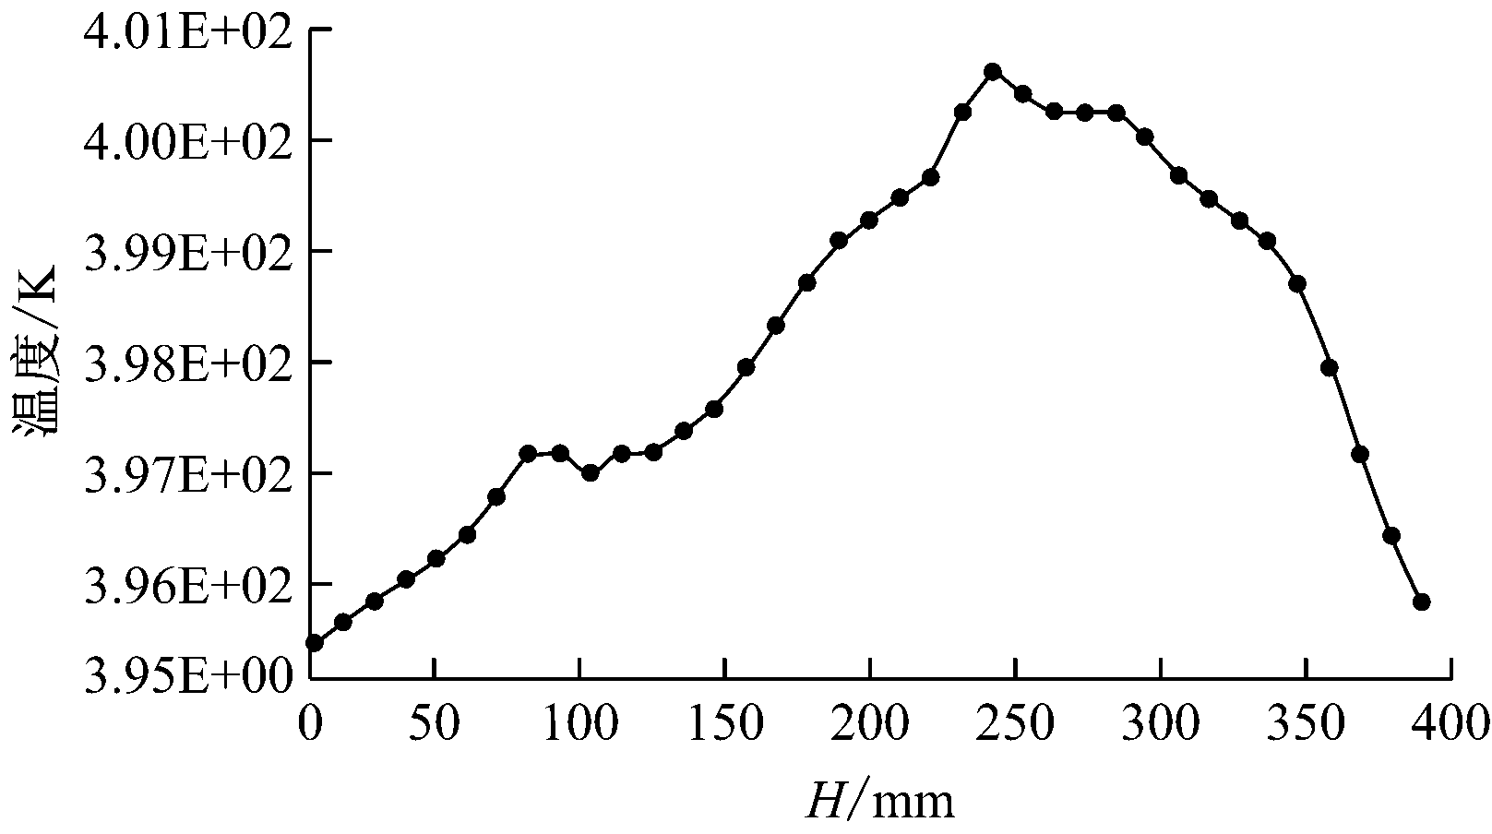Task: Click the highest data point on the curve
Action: (993, 71)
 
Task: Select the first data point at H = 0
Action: (314, 642)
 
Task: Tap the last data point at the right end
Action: (1421, 602)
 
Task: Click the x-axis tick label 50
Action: (434, 725)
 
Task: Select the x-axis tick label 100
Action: (579, 725)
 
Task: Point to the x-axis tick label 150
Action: (724, 725)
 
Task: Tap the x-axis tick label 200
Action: (869, 725)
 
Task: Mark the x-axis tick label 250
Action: (1015, 725)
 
